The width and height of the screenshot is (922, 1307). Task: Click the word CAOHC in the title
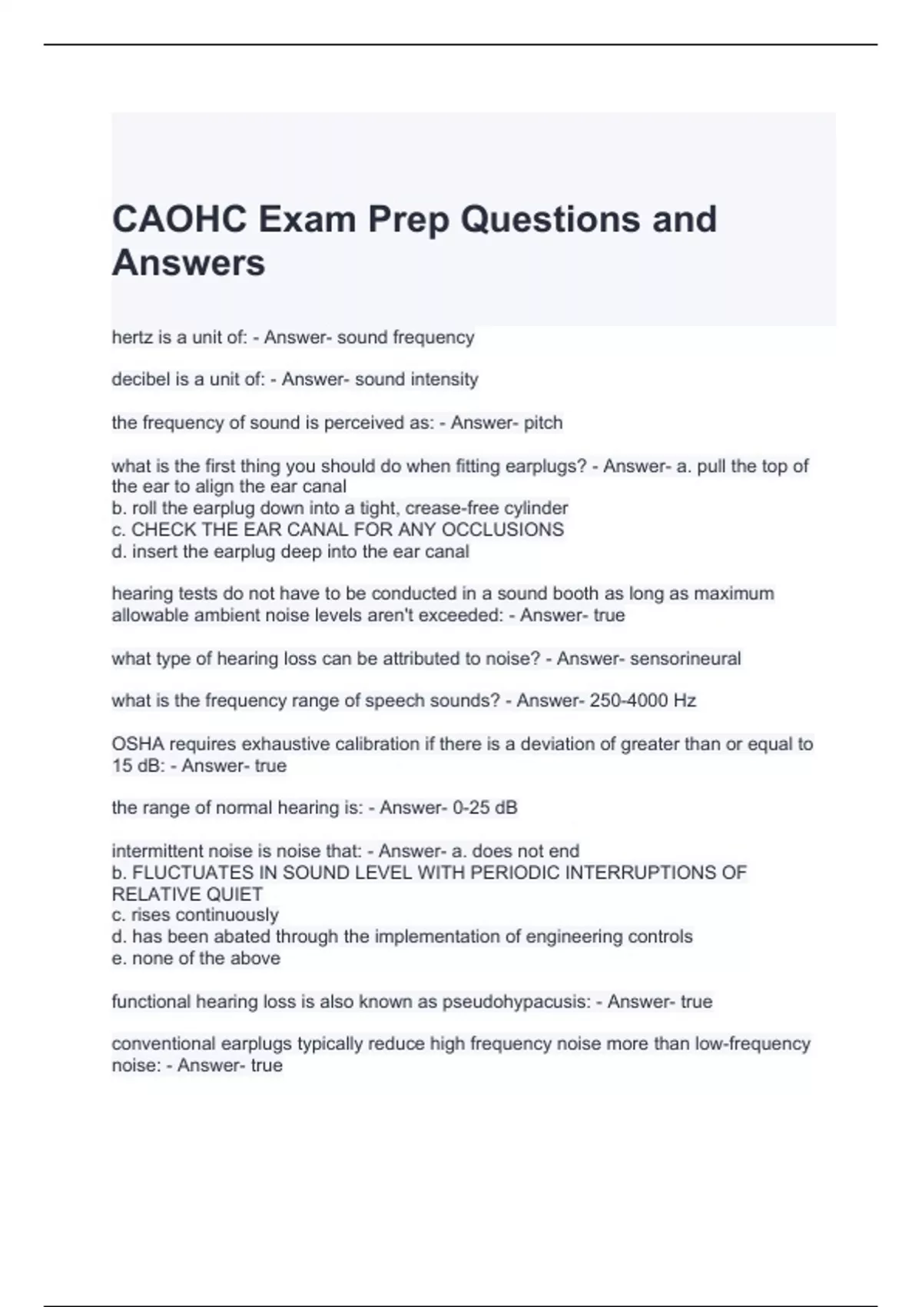(x=180, y=220)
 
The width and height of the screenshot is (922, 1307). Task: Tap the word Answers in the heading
(x=188, y=263)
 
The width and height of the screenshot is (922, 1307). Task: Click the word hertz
(x=131, y=338)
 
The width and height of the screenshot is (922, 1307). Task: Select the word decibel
(x=140, y=379)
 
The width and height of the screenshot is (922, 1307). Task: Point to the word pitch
(x=542, y=423)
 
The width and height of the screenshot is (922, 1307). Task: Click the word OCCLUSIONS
(x=502, y=530)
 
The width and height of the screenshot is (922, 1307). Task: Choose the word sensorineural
(x=685, y=659)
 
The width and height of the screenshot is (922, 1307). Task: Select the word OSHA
(x=137, y=744)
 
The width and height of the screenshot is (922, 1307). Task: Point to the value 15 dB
(x=135, y=766)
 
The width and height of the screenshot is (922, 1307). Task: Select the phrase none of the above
(x=206, y=959)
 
